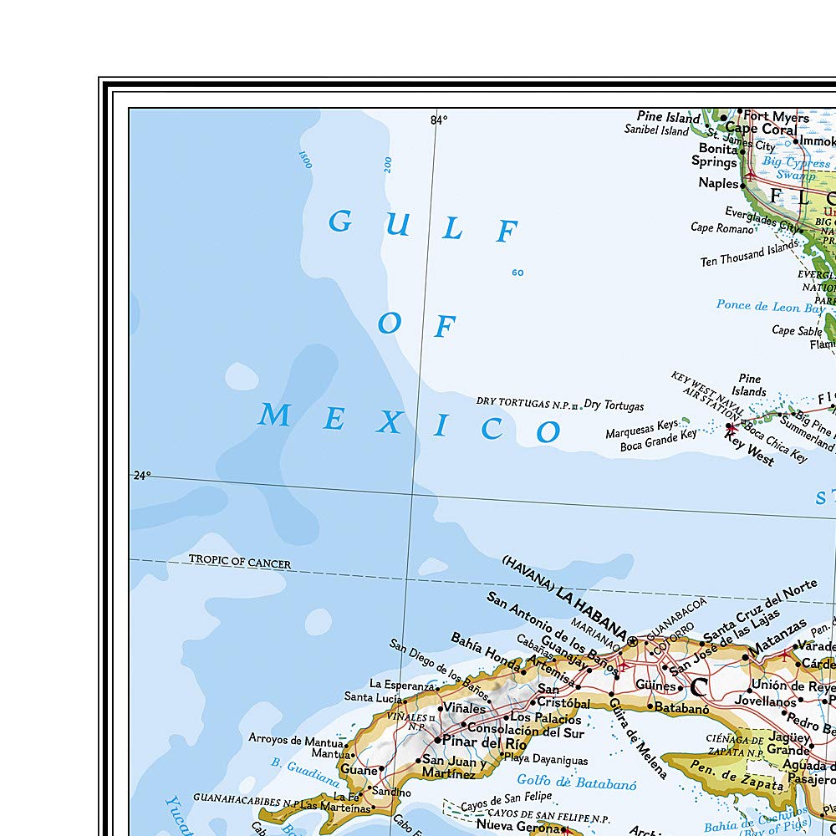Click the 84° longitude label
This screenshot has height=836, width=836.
[439, 120]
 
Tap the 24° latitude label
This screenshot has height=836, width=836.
[142, 476]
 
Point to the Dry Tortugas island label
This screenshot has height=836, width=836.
[614, 405]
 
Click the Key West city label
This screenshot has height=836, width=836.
[749, 451]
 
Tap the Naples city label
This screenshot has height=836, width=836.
[719, 183]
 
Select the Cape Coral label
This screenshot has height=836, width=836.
[761, 130]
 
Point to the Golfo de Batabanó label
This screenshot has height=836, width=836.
[576, 783]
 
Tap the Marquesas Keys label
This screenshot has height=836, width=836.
[642, 425]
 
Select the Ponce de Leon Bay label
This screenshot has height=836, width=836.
[770, 306]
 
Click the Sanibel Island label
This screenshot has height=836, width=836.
[657, 130]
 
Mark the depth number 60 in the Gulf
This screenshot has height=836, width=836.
[517, 273]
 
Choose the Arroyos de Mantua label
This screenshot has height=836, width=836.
[296, 739]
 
